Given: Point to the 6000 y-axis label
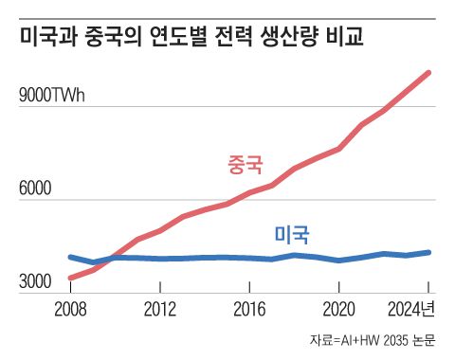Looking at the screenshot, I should point(36,189).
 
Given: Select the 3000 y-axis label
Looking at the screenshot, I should point(36,281).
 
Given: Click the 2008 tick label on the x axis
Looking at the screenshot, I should point(71,310).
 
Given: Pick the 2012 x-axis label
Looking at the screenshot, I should point(160,310).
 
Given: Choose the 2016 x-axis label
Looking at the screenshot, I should point(249,310).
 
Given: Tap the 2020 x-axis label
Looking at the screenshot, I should point(338,310).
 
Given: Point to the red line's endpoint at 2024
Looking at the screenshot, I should point(429,73).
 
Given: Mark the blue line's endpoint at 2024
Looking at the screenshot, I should point(429,252).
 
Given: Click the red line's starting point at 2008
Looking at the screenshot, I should point(71,278).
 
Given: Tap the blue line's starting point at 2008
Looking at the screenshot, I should point(71,257).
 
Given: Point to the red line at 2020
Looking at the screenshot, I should point(339,149).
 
